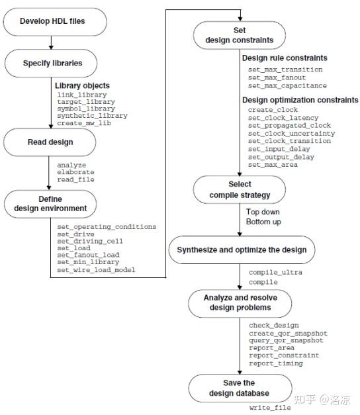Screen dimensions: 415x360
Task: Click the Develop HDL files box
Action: (x=52, y=21)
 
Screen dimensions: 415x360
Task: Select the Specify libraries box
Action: (x=52, y=64)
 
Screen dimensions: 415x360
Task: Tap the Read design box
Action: (x=51, y=142)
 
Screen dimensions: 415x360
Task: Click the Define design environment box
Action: (x=51, y=203)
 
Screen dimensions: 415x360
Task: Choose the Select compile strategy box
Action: (x=240, y=189)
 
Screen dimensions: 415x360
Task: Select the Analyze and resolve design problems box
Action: (x=240, y=302)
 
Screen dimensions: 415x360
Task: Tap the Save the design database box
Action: (x=240, y=388)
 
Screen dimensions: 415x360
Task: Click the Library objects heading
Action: (x=82, y=86)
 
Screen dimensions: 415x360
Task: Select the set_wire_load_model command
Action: (x=96, y=270)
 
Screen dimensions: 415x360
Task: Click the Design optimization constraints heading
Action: (x=300, y=100)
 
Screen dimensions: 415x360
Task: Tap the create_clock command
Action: (x=273, y=109)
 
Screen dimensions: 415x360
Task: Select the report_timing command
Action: (x=276, y=363)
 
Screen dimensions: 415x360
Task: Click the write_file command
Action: (x=270, y=408)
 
